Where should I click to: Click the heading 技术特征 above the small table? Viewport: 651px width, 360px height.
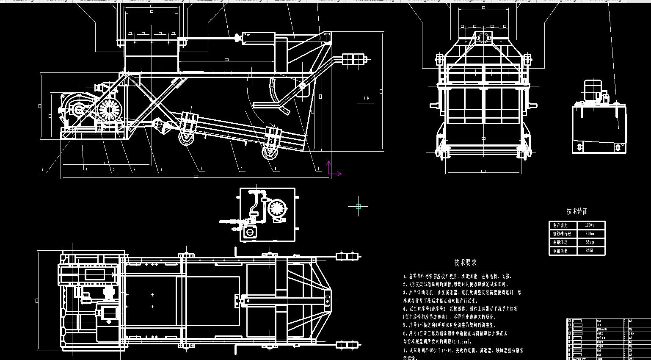tap(577, 211)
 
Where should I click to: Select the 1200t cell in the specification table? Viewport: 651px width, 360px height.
tap(589, 225)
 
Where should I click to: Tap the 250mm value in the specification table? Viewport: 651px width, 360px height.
tap(590, 234)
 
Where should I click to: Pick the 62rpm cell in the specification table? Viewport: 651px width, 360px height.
tap(590, 242)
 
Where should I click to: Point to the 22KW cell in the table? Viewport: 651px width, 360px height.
tap(589, 251)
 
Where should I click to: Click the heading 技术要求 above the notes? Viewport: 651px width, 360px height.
tap(465, 263)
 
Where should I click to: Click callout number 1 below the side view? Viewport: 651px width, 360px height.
tap(42, 170)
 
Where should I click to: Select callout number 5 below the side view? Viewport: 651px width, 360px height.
tap(161, 170)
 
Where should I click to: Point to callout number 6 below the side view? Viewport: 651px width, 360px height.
tap(201, 169)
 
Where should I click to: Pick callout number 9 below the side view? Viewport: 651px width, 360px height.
tap(318, 169)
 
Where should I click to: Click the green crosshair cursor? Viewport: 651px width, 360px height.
tap(358, 206)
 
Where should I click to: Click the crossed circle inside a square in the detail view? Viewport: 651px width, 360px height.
tap(250, 232)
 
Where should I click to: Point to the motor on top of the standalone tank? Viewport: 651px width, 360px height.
tap(593, 90)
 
